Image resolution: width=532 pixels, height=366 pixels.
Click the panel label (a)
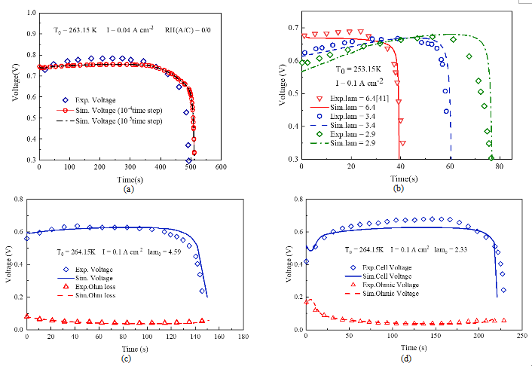pos(129,189)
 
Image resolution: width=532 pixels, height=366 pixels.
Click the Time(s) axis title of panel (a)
pos(129,178)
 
